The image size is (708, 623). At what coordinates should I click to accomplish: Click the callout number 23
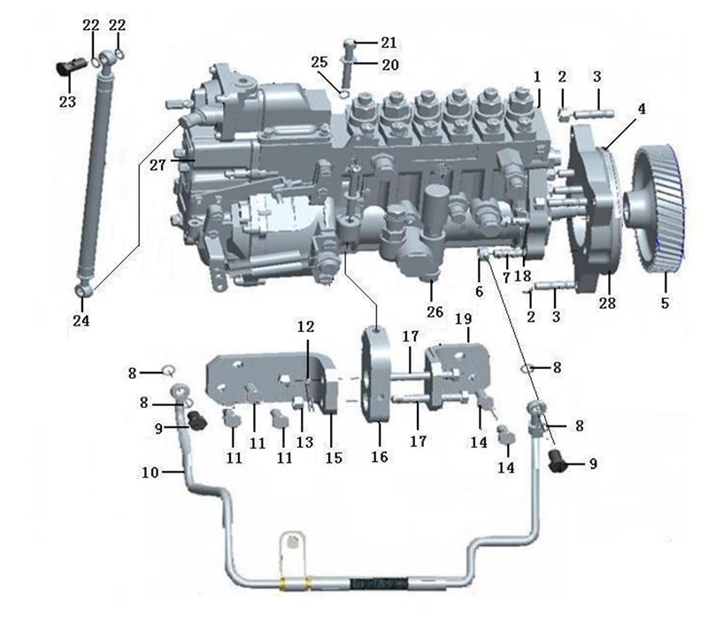click(x=67, y=102)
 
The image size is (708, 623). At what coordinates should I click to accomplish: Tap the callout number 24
click(x=81, y=320)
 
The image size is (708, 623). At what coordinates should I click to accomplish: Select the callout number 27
click(x=158, y=165)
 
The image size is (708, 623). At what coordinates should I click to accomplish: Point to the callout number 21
click(x=389, y=42)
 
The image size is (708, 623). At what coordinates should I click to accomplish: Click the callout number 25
click(x=319, y=62)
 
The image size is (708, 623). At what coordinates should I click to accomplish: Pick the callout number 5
click(x=666, y=303)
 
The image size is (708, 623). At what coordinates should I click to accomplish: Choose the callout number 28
click(x=607, y=303)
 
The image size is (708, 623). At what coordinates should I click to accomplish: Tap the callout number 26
click(x=435, y=311)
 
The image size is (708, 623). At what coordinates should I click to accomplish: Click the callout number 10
click(x=150, y=473)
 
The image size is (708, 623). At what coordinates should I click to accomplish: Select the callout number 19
click(x=463, y=319)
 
